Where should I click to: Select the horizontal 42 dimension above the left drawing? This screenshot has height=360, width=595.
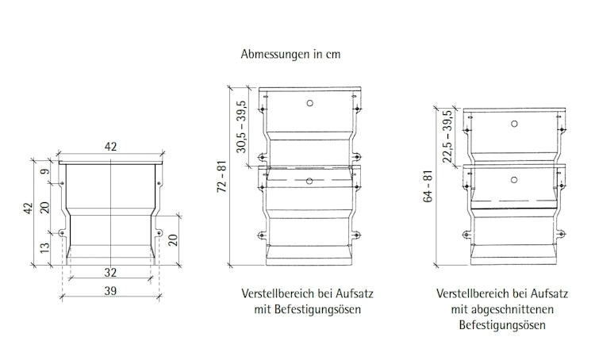point(110,147)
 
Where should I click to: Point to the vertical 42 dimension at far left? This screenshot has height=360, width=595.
point(29,209)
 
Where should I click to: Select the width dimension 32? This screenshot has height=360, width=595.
point(111,271)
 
